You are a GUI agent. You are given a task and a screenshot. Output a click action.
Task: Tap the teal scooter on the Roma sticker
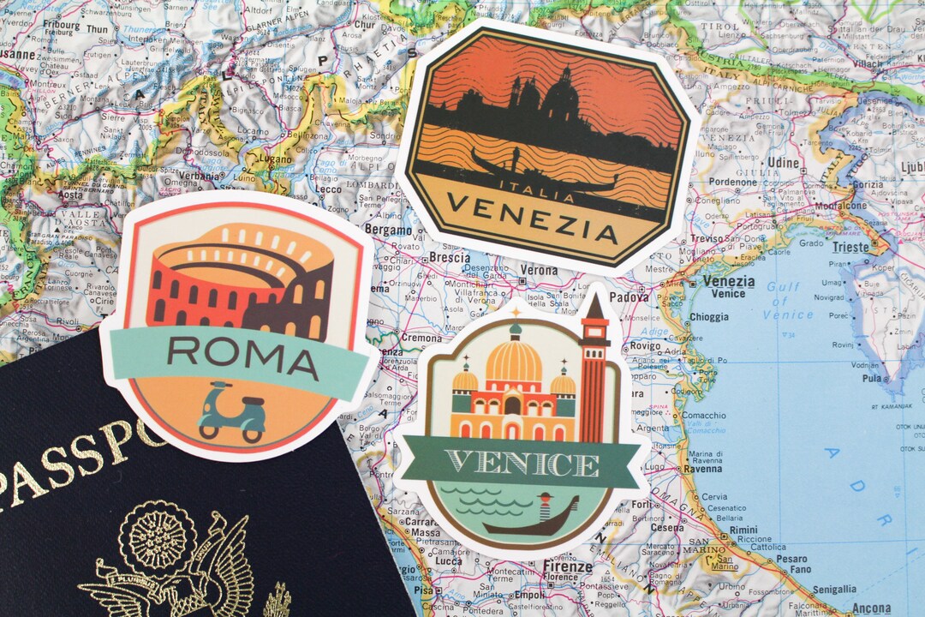232,414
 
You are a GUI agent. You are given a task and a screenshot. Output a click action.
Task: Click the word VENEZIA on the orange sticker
532,219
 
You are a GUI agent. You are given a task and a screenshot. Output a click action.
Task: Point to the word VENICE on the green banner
522,464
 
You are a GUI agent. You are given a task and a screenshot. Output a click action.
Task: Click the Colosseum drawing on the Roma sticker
240,283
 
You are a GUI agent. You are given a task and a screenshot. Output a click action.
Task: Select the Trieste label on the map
850,248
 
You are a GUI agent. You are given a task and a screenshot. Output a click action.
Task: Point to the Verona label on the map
539,270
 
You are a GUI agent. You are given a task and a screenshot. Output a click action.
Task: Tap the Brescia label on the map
449,257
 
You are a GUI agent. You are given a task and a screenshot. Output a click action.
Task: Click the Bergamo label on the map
388,230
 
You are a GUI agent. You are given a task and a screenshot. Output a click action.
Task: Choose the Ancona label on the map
871,608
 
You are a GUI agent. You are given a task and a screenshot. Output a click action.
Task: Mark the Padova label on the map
630,297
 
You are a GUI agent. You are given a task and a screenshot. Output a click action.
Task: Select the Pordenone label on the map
732,182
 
